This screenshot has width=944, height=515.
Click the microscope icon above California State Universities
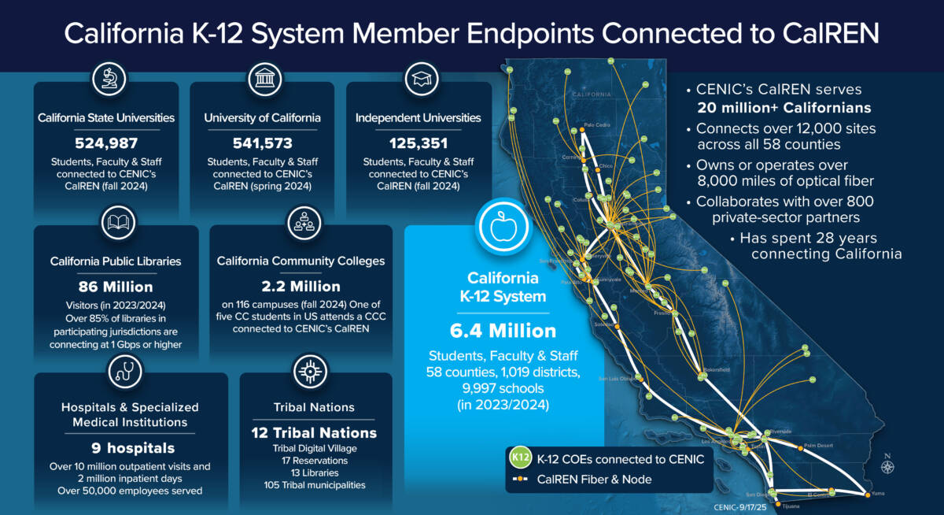pos(106,80)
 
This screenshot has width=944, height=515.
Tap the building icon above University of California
pos(262,80)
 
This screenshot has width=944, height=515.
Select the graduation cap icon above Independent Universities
pos(418,80)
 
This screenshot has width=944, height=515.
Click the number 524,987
pos(106,143)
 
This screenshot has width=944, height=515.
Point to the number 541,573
pos(262,143)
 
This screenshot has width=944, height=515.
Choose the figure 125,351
pos(418,143)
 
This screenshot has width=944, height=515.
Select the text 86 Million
pos(116,287)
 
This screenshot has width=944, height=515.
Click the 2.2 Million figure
pos(301,287)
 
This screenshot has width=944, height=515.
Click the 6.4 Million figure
pos(503,331)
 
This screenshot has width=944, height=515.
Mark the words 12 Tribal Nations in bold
pos(315,433)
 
